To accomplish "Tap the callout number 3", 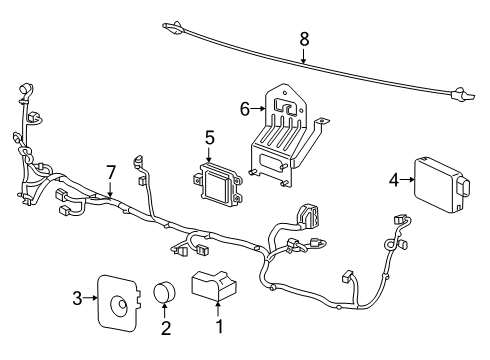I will [x=77, y=297].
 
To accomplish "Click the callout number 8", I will [x=305, y=41].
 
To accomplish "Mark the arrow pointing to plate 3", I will [x=92, y=297].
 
